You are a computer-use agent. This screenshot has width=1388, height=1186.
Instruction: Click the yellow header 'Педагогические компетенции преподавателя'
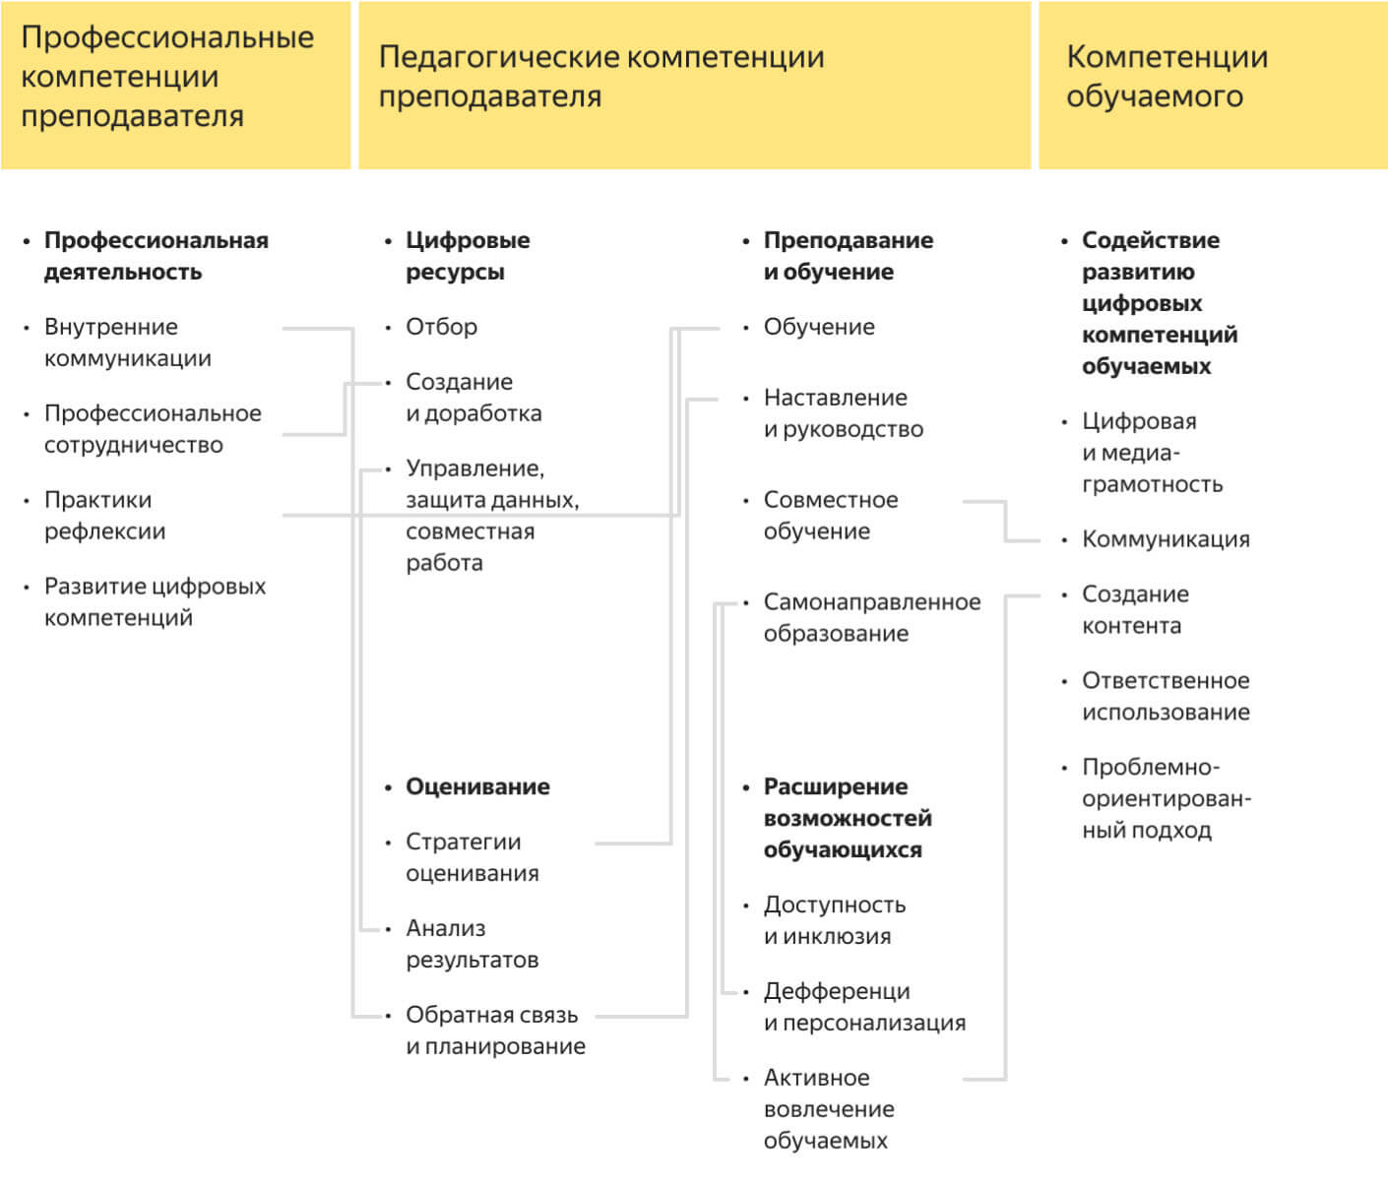(600, 77)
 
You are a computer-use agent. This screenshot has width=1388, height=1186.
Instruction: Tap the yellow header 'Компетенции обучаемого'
(1167, 77)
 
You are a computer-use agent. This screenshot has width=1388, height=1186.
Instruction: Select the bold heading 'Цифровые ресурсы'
(468, 256)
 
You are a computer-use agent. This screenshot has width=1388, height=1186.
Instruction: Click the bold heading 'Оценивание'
(477, 786)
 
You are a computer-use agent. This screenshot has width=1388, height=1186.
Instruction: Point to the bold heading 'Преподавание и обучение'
(848, 256)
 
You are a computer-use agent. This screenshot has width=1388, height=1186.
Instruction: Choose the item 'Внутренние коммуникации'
(127, 343)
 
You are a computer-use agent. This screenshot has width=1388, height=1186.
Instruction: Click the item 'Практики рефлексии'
(104, 516)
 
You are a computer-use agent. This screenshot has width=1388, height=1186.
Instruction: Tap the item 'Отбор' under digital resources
(441, 327)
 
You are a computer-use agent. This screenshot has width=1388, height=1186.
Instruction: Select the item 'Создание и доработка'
(473, 398)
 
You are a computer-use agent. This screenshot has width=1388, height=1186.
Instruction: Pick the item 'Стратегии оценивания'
(472, 857)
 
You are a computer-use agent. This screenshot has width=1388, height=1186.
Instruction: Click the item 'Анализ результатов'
(472, 944)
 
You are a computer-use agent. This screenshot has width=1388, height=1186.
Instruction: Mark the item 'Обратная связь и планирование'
(495, 1030)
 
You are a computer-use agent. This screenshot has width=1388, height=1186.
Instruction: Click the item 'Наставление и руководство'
(843, 413)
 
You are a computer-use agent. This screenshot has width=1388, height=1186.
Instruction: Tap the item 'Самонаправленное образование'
(871, 618)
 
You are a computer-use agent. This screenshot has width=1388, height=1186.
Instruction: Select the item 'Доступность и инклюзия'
(834, 920)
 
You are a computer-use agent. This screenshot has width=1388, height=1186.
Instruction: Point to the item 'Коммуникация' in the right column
(1166, 539)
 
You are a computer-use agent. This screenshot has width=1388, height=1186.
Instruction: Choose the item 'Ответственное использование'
(1166, 697)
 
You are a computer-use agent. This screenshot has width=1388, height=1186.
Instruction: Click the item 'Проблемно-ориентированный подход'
(1166, 798)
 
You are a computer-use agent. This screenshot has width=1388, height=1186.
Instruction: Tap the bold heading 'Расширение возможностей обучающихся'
(847, 818)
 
